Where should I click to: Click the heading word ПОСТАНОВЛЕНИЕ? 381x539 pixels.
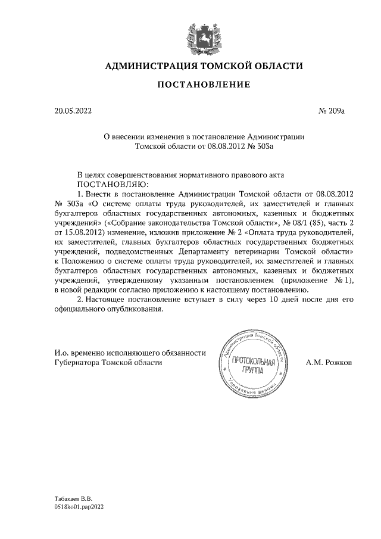click(204, 86)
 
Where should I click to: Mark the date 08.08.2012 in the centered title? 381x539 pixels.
click(225, 145)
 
